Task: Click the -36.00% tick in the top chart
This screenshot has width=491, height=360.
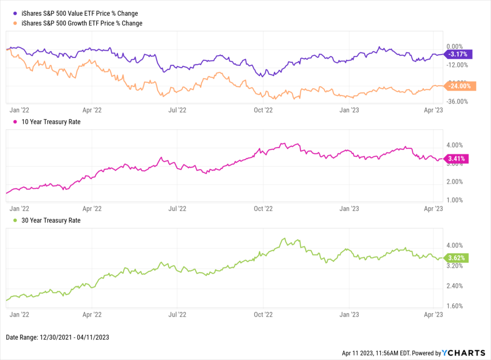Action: coord(456,102)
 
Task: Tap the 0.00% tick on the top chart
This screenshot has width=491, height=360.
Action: coord(454,46)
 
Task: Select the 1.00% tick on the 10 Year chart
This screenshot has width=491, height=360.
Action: coord(455,200)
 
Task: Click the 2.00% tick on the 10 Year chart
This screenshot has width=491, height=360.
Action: coord(455,182)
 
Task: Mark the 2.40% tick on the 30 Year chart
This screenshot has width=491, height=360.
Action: coord(455,286)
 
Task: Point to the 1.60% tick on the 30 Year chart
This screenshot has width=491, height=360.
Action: coord(455,306)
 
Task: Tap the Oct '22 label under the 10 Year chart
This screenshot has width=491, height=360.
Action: coord(263,209)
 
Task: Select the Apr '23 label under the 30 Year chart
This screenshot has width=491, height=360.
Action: coord(434,315)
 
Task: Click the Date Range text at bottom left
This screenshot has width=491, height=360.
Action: coord(58,337)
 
